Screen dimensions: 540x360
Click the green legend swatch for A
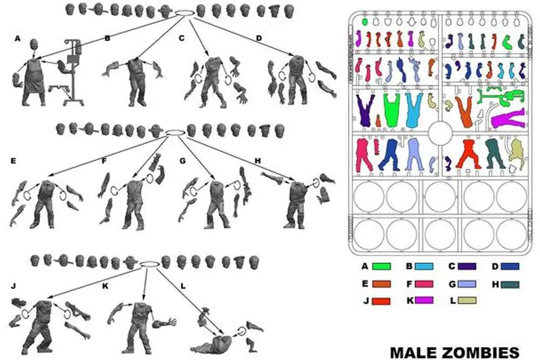(382, 267)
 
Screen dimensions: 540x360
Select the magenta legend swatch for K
(424, 300)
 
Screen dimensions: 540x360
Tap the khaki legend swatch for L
(467, 301)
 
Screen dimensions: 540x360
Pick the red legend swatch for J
(381, 302)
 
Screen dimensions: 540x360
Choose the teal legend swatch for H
(510, 284)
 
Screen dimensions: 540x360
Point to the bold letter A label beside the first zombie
(18, 39)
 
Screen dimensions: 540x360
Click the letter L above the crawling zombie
(183, 287)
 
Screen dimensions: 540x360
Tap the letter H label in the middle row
(258, 161)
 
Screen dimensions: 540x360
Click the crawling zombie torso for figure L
(213, 344)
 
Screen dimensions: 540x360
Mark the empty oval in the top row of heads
(185, 13)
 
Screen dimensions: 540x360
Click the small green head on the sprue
(365, 22)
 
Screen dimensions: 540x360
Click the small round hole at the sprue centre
(440, 133)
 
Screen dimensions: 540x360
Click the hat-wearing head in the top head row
(164, 12)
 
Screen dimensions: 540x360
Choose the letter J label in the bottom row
(14, 287)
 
